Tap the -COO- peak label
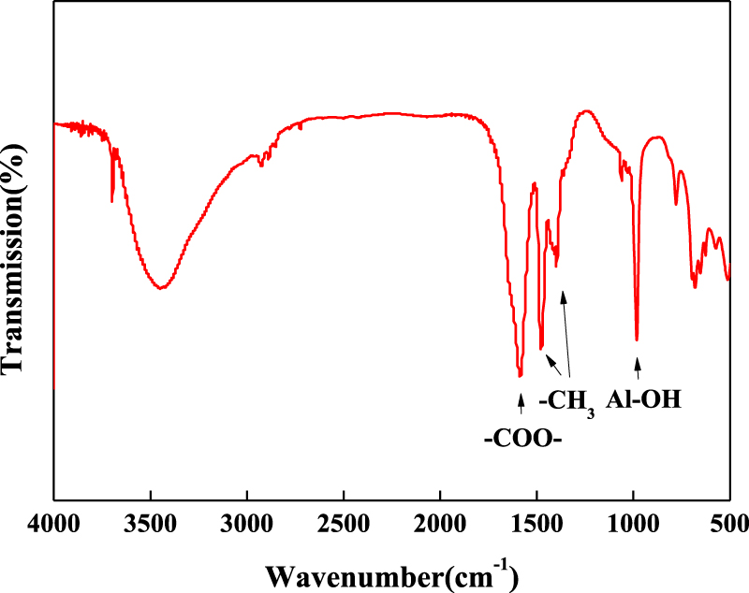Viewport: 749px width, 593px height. [522, 438]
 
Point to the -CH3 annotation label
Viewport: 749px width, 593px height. [567, 402]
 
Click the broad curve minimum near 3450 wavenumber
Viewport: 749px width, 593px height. [162, 287]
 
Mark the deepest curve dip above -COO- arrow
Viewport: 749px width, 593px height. [521, 375]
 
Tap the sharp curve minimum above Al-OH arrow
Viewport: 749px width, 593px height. [637, 340]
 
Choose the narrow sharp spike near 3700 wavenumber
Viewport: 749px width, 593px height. [112, 198]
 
